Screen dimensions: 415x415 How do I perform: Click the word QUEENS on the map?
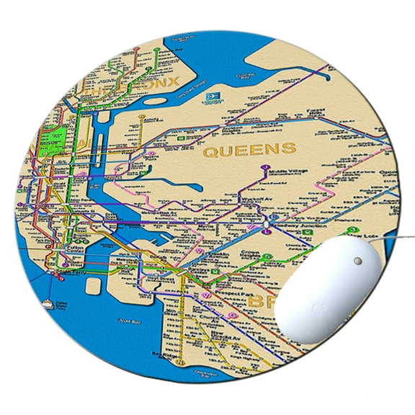coord(249,150)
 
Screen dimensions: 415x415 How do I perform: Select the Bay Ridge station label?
coord(161,354)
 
